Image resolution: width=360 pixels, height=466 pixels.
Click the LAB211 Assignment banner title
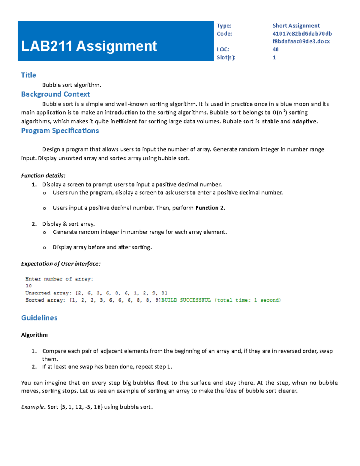(89, 46)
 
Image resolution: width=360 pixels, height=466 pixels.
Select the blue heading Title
(28, 75)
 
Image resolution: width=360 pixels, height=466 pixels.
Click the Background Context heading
(55, 94)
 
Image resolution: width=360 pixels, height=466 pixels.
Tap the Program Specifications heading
(60, 131)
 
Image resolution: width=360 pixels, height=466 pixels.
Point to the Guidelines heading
(39, 318)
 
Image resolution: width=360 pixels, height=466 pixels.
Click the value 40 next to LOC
(275, 50)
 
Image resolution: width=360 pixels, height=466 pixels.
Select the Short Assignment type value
(296, 26)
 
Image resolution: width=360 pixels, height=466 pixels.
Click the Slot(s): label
(226, 58)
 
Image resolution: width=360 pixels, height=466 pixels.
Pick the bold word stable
(270, 122)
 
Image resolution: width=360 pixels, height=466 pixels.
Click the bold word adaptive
(304, 122)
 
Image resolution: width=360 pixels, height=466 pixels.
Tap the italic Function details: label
(43, 176)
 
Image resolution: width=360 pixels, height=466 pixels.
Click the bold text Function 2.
(210, 208)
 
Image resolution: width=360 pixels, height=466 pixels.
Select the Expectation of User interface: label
(61, 264)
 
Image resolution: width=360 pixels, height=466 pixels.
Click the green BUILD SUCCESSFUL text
(186, 300)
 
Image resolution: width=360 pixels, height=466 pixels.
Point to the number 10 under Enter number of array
(28, 286)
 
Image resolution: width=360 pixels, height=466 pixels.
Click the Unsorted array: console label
(48, 293)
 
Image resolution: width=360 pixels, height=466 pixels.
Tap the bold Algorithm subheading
(34, 335)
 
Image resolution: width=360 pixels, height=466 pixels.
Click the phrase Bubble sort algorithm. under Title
(72, 85)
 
